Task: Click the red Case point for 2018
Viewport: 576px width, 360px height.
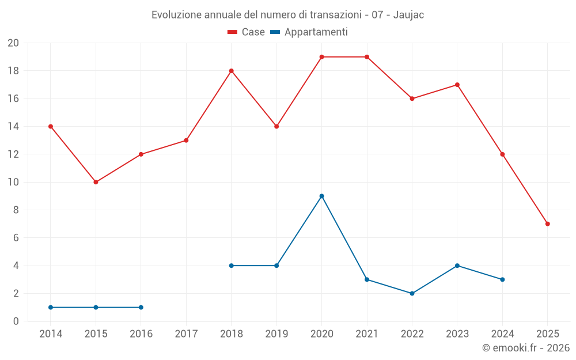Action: (x=231, y=71)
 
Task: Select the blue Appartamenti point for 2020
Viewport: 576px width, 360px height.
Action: (x=321, y=196)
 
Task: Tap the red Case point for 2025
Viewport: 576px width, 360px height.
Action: (x=547, y=223)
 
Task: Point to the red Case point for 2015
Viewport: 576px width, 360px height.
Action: (x=96, y=182)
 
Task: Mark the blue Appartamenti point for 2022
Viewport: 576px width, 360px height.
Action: (x=412, y=293)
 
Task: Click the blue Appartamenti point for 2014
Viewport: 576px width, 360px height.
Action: (x=51, y=307)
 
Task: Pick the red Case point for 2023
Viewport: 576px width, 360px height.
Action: (x=457, y=85)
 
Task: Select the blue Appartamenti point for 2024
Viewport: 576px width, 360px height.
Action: (x=502, y=279)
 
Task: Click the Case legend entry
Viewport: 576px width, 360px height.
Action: (x=247, y=32)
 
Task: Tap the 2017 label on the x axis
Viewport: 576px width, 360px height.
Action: (x=186, y=334)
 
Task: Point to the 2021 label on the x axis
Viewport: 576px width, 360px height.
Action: (x=367, y=334)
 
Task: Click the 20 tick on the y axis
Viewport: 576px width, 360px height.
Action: (x=13, y=43)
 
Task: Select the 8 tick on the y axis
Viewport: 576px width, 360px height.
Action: (x=16, y=210)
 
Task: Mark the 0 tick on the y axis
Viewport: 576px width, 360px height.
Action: (x=16, y=321)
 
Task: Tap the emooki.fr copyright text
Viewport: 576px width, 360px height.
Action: (x=525, y=348)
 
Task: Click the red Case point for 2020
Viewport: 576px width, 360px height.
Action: (x=321, y=57)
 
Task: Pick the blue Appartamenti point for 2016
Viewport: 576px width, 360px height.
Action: (x=141, y=307)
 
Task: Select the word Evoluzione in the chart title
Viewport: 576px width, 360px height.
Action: (x=176, y=15)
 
